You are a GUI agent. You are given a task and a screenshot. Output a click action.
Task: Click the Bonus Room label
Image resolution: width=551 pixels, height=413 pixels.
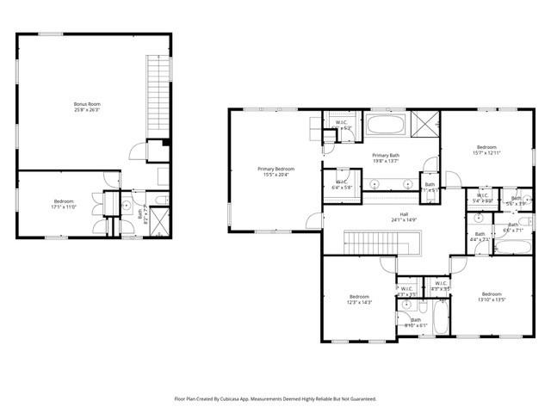coord(80,104)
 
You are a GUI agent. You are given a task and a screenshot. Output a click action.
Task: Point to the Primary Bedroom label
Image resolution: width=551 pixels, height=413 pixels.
coord(275,169)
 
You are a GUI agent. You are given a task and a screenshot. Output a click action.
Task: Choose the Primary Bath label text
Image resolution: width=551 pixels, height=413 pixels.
coord(386,155)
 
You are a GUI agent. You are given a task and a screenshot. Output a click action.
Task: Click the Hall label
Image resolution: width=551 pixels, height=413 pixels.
coord(403,214)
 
